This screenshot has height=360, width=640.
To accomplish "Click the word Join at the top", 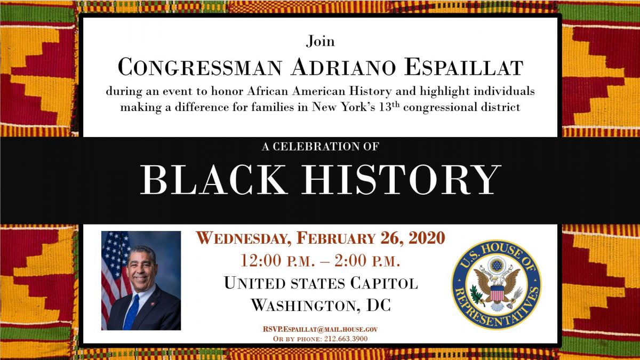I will click(320, 41).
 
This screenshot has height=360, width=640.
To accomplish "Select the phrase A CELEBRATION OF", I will click(320, 145).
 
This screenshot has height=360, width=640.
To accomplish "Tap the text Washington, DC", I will click(320, 305).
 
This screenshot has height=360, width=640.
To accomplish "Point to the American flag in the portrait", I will click(114, 267).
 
